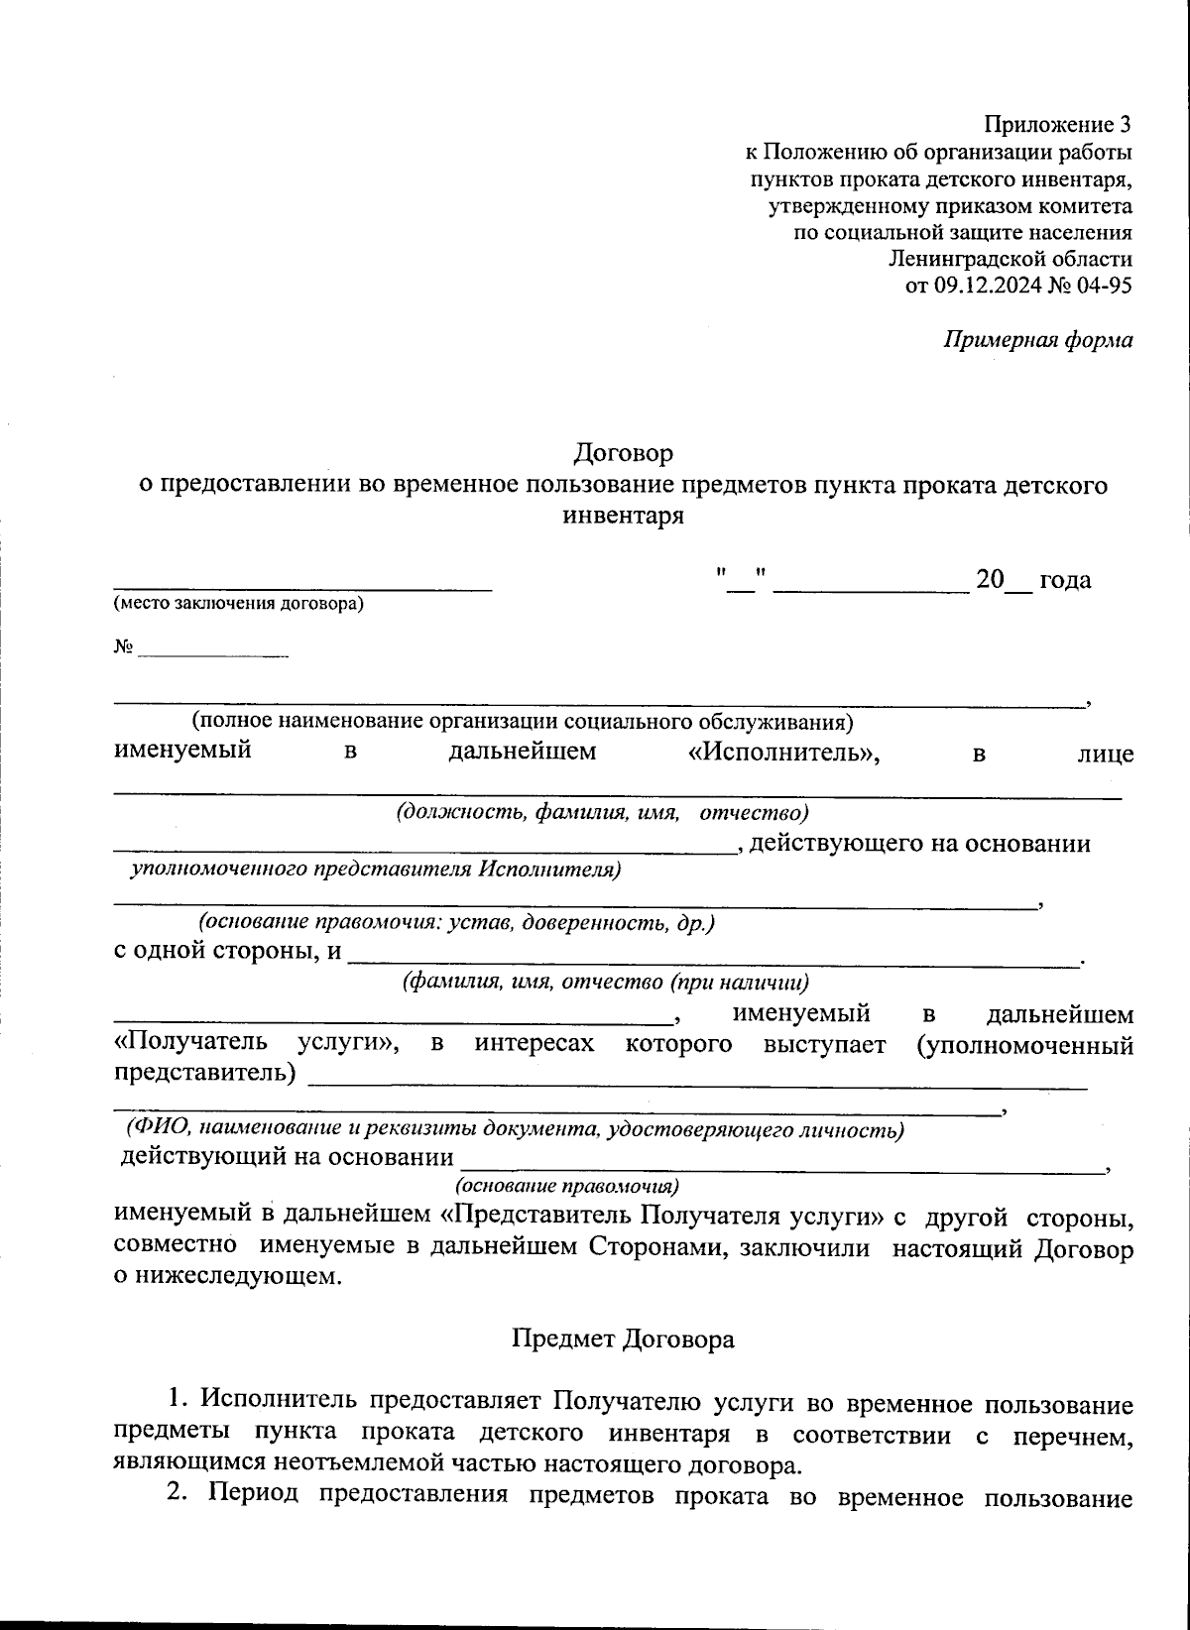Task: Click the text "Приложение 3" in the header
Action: [x=1057, y=125]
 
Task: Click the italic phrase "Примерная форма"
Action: [x=1037, y=340]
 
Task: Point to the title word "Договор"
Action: [x=623, y=453]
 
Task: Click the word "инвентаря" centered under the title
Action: [x=623, y=516]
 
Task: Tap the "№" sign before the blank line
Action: [x=123, y=646]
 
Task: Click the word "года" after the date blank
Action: [x=1065, y=580]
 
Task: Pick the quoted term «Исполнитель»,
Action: [x=783, y=752]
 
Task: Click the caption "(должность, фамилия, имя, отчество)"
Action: [x=602, y=813]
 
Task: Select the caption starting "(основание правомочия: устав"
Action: [x=456, y=922]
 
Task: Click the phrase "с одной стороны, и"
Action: [x=227, y=951]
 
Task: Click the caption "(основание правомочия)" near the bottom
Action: [x=566, y=1186]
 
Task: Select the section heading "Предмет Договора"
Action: [x=623, y=1339]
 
